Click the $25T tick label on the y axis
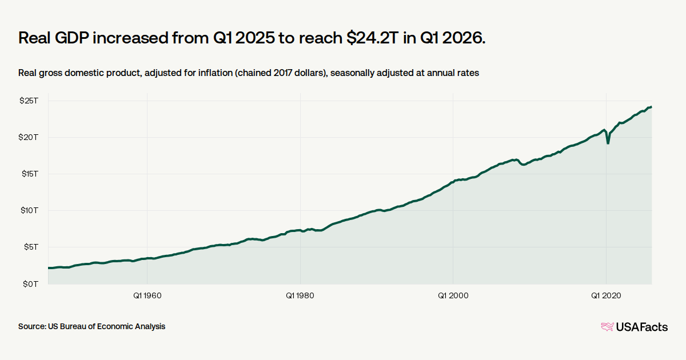click(29, 101)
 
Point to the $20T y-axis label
click(29, 137)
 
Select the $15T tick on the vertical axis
click(30, 174)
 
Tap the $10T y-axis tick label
click(29, 210)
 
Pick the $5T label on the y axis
click(31, 247)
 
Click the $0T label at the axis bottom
click(31, 284)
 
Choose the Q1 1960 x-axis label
click(147, 295)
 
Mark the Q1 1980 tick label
click(300, 295)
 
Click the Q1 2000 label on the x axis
click(453, 295)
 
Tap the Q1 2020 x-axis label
click(606, 295)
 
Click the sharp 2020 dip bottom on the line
click(608, 143)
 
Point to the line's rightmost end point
click(651, 107)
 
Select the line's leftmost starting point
click(49, 268)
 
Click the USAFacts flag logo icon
click(607, 327)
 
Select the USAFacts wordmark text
click(642, 327)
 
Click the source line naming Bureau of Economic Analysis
click(91, 326)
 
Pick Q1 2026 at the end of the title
click(453, 38)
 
